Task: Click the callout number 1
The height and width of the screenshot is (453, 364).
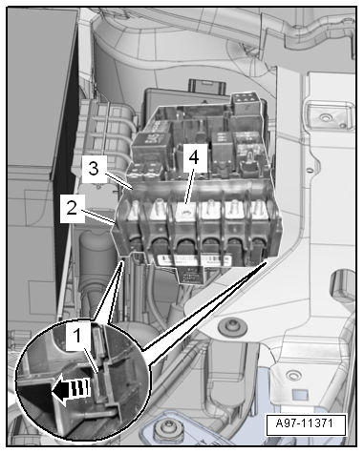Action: pos(76,337)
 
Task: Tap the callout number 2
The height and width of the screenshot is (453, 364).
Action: pos(72,209)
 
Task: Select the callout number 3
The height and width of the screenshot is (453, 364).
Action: pos(94,169)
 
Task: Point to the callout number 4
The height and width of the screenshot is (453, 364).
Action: pos(194,157)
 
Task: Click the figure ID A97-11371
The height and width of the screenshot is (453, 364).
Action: pos(306,423)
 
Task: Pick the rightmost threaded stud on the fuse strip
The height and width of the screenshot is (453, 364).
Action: pos(259,207)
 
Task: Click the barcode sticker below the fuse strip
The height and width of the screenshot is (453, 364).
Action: pos(194,258)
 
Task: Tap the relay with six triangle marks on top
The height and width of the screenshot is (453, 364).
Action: pos(246,103)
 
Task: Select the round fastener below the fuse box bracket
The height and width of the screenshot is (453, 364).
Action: pos(232,327)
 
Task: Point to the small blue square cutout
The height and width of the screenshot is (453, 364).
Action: pos(299,395)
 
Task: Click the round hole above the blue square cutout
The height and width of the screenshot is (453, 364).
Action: pos(293,376)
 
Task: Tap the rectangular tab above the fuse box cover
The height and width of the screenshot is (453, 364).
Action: pos(207,87)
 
